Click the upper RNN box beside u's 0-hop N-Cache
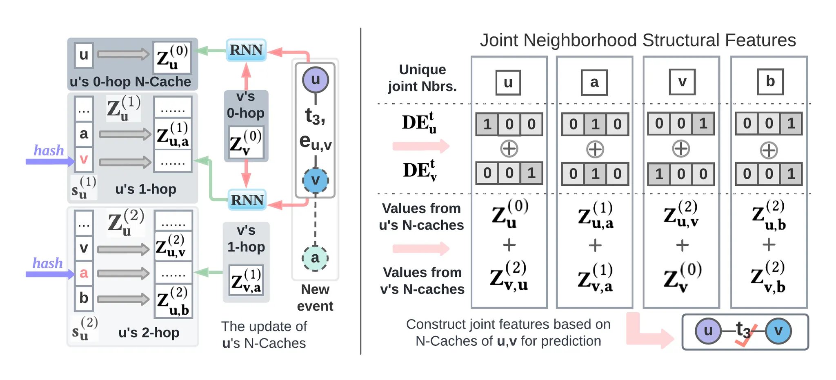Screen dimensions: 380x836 [246, 50]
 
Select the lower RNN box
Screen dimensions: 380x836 [247, 200]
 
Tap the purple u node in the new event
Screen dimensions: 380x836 [315, 80]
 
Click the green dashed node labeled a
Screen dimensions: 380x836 [315, 258]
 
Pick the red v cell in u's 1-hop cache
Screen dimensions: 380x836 [84, 159]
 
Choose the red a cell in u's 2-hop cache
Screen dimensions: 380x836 [84, 273]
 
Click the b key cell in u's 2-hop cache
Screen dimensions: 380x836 [84, 298]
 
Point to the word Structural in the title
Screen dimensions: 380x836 [680, 40]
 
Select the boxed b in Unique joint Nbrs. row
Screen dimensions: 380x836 [770, 82]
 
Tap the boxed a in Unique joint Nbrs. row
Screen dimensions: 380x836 [594, 82]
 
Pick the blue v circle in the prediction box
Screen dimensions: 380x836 [778, 331]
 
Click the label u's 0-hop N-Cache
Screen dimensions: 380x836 [130, 82]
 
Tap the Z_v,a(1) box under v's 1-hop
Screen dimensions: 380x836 [246, 280]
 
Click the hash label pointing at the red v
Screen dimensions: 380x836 [49, 151]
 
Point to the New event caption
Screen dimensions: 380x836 [315, 298]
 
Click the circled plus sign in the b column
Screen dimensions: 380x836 [769, 150]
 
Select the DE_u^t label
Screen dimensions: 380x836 [419, 122]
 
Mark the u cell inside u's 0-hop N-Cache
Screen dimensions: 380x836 [84, 55]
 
